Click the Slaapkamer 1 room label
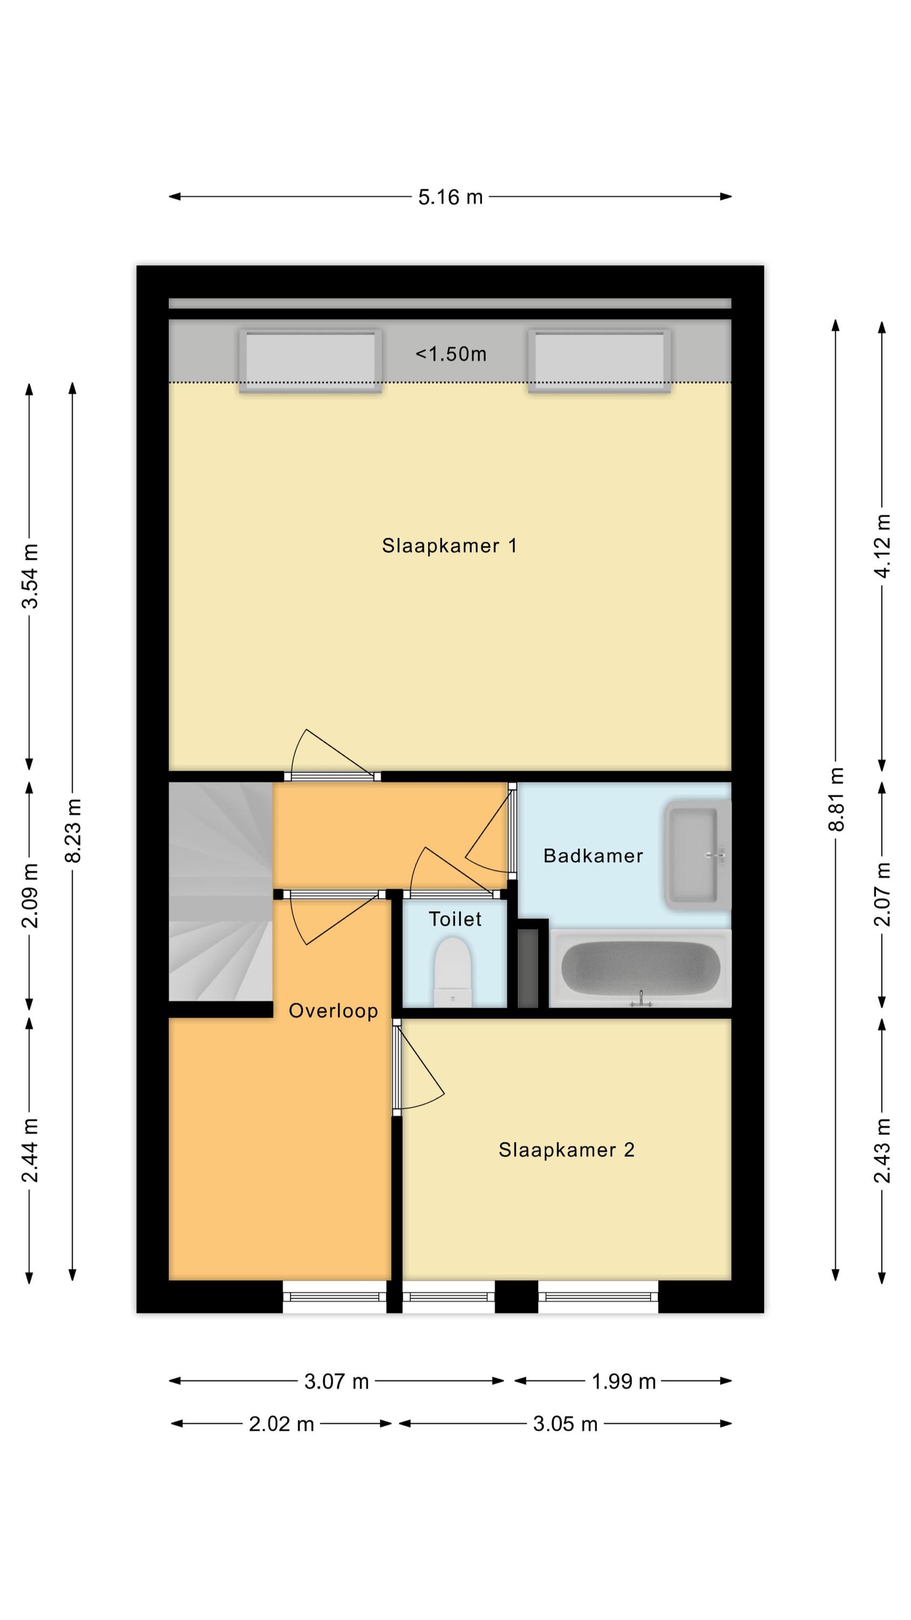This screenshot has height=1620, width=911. (449, 545)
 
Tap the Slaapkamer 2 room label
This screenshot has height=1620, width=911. (566, 1150)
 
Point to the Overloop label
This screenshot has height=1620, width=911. (333, 1011)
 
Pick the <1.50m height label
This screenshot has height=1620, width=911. (451, 354)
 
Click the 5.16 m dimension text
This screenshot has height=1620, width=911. (450, 197)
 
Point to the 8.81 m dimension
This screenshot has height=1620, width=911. (835, 799)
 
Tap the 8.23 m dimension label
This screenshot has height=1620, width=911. (73, 830)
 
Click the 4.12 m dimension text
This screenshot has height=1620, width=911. (882, 545)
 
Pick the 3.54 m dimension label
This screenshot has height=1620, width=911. (30, 576)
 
